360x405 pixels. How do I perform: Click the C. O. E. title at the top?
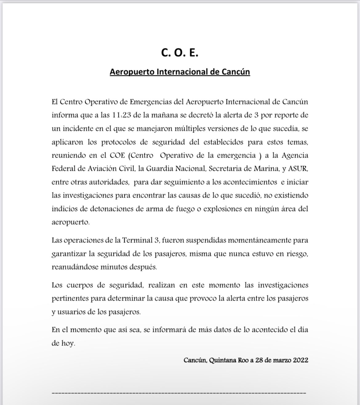(x=180, y=53)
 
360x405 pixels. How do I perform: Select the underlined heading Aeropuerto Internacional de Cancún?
(x=180, y=72)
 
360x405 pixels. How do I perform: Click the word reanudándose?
(x=76, y=267)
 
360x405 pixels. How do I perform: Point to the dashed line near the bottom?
(x=179, y=393)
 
